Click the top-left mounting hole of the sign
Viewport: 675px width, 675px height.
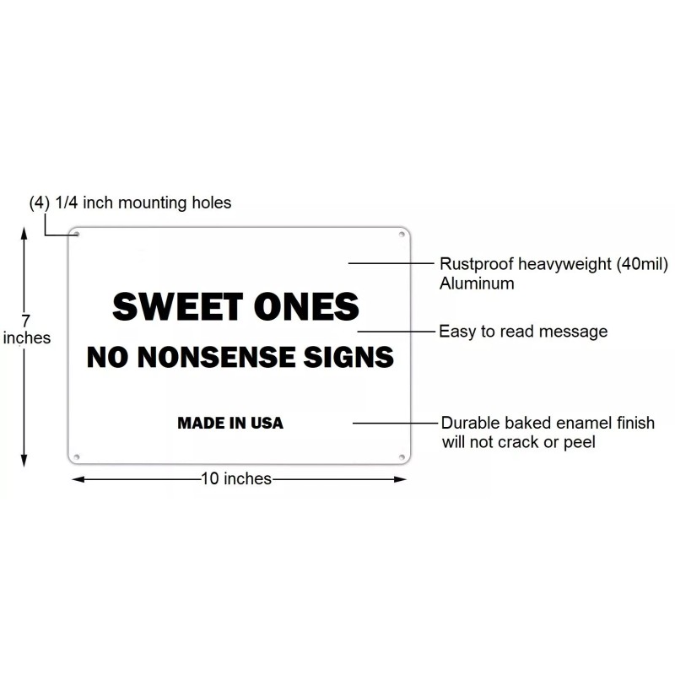pyautogui.click(x=77, y=234)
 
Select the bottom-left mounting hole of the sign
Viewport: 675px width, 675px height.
pyautogui.click(x=77, y=456)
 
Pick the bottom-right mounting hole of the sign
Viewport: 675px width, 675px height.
pyautogui.click(x=400, y=456)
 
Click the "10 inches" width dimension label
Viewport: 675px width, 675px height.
pyautogui.click(x=236, y=479)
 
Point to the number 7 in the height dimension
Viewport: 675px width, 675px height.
pyautogui.click(x=26, y=321)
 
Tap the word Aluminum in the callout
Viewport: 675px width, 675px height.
pyautogui.click(x=477, y=283)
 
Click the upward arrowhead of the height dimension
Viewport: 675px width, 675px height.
pyautogui.click(x=25, y=235)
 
